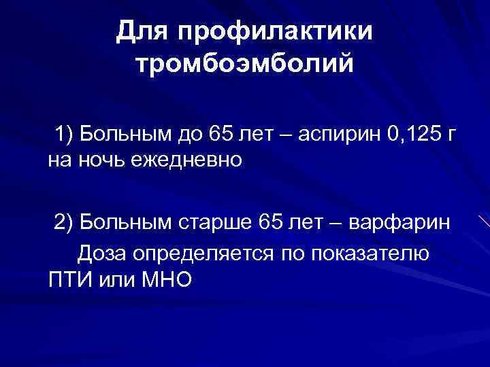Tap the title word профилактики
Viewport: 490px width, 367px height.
click(274, 32)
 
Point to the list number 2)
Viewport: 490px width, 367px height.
click(67, 222)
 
